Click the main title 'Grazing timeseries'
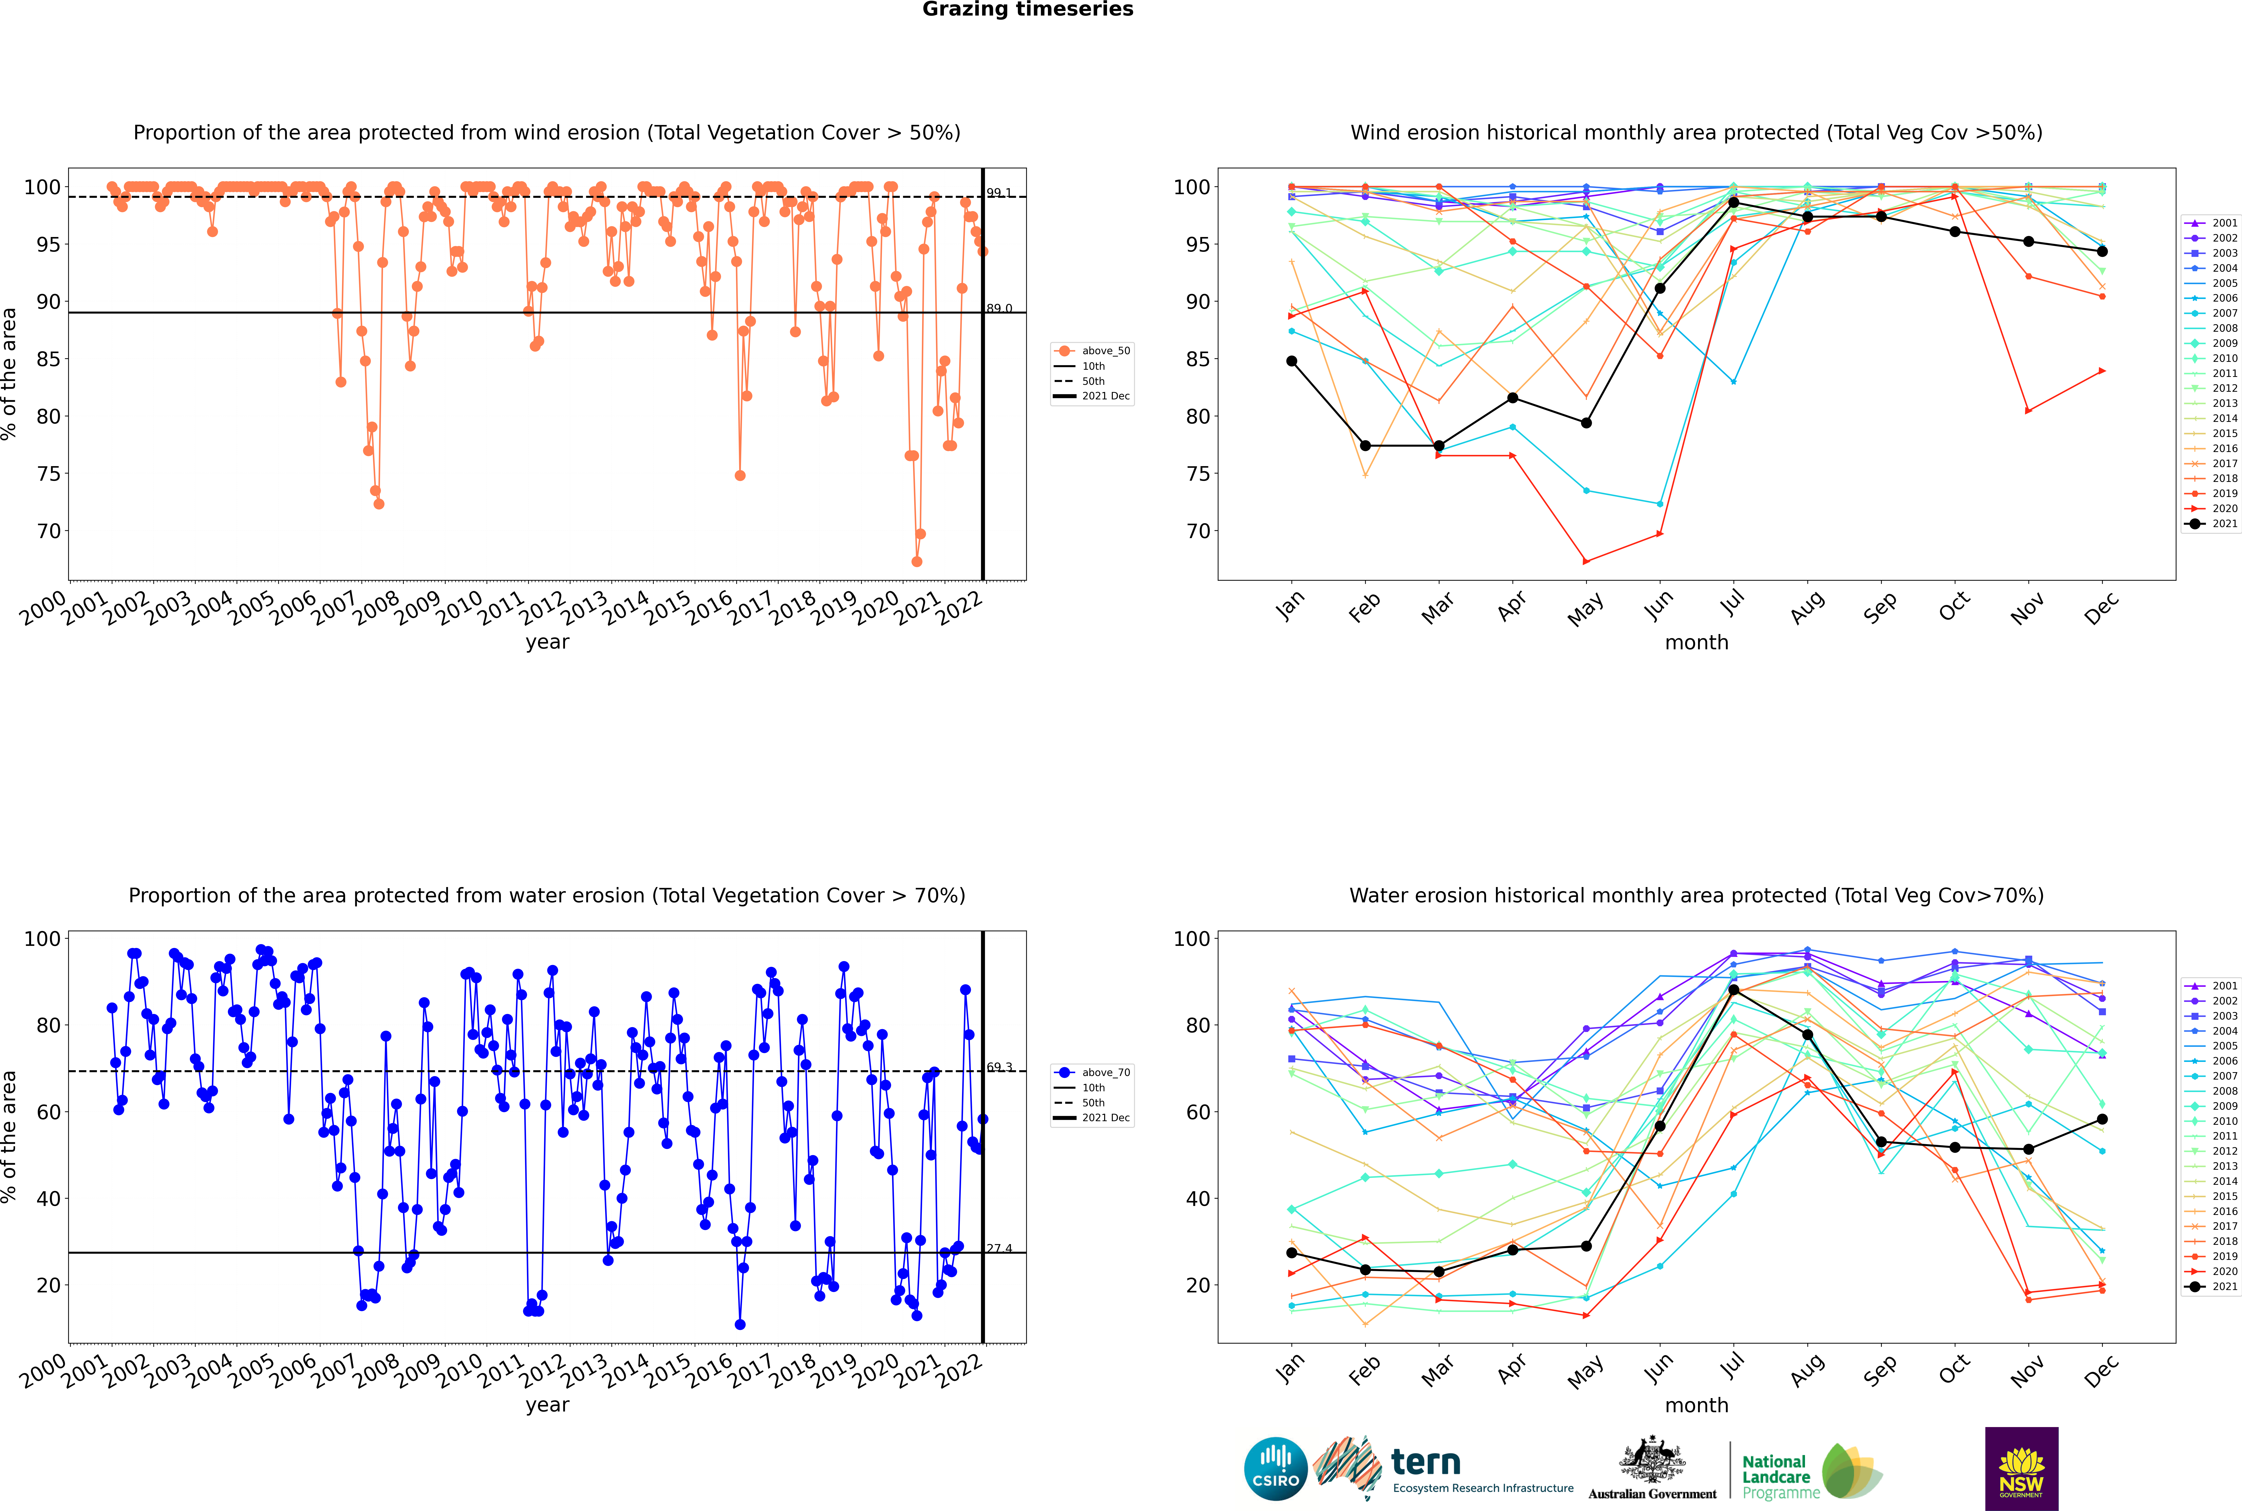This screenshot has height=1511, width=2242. click(1028, 10)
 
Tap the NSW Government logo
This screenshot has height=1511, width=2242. click(2021, 1469)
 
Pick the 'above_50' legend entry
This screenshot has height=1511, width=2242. click(1092, 351)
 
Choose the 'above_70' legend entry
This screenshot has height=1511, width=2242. click(1092, 1073)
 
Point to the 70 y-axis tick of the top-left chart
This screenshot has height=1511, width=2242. click(48, 531)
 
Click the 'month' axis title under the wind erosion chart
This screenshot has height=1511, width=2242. click(1696, 643)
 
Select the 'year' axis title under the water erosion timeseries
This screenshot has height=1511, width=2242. click(548, 1405)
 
